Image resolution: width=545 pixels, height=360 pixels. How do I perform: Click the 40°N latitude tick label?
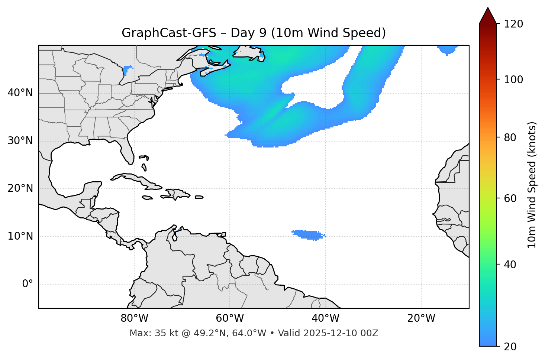[20, 93]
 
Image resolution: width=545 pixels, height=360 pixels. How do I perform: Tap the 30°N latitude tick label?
[20, 141]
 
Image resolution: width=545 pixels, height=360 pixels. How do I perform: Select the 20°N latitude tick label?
[20, 188]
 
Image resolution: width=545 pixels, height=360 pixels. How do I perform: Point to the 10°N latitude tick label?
[20, 236]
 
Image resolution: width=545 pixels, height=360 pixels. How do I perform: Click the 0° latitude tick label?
[28, 284]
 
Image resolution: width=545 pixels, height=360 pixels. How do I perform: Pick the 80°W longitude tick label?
[134, 318]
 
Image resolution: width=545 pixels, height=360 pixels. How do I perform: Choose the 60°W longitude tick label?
[230, 318]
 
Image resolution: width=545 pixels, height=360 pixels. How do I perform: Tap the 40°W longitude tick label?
[326, 318]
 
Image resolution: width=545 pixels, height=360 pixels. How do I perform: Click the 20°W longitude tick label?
[421, 318]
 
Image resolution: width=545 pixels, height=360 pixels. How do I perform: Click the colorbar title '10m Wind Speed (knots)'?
[532, 185]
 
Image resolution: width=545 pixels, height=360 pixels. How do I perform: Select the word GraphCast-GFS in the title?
[169, 33]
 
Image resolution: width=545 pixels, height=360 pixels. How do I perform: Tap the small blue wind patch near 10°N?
[308, 235]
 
